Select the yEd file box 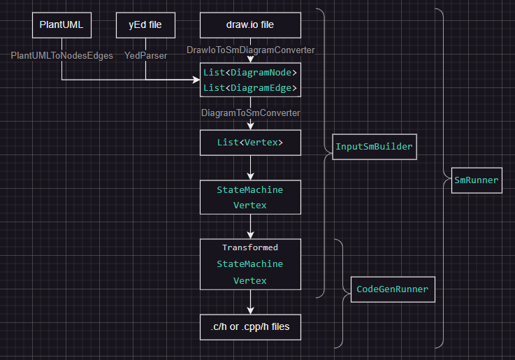(x=145, y=26)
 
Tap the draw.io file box (x=250, y=26)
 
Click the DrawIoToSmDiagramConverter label (x=250, y=50)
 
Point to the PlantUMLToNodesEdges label (x=62, y=55)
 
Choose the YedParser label (x=145, y=55)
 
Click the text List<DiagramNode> (x=250, y=72)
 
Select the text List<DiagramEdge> (x=250, y=88)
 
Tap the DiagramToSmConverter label (x=250, y=112)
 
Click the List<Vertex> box (x=250, y=143)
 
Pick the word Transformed (x=250, y=247)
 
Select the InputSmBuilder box (x=374, y=147)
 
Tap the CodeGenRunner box (x=392, y=289)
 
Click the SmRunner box (x=477, y=180)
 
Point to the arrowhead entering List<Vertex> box (x=250, y=126)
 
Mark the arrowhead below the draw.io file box (x=250, y=59)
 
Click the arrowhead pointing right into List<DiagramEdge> (x=196, y=80)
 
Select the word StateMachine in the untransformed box (x=250, y=189)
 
